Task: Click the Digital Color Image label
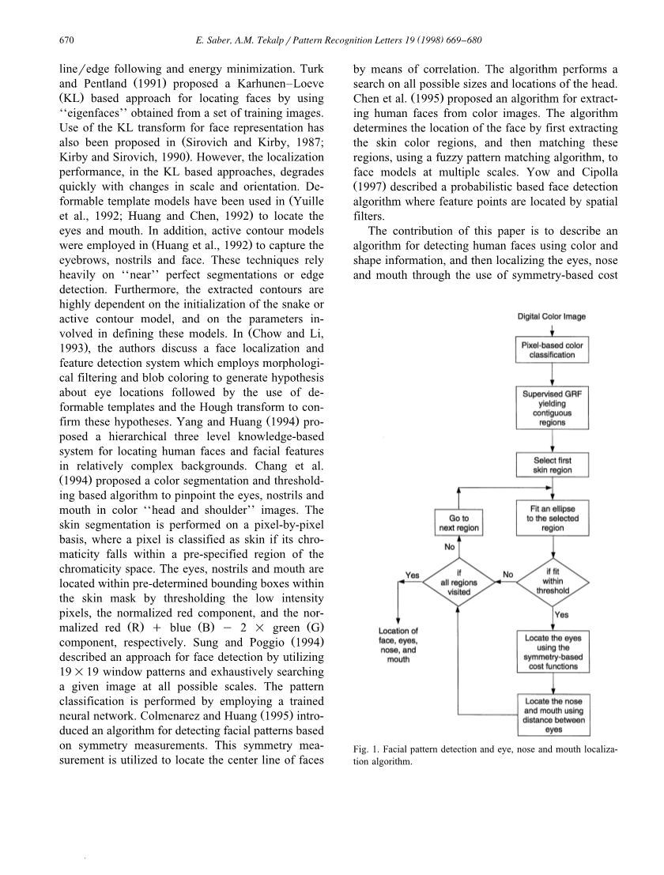coord(552,316)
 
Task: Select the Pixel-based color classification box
coord(553,350)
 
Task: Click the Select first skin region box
coord(553,465)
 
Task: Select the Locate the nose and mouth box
coord(553,715)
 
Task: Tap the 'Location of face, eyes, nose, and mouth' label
coord(398,644)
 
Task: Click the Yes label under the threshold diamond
coord(562,614)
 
